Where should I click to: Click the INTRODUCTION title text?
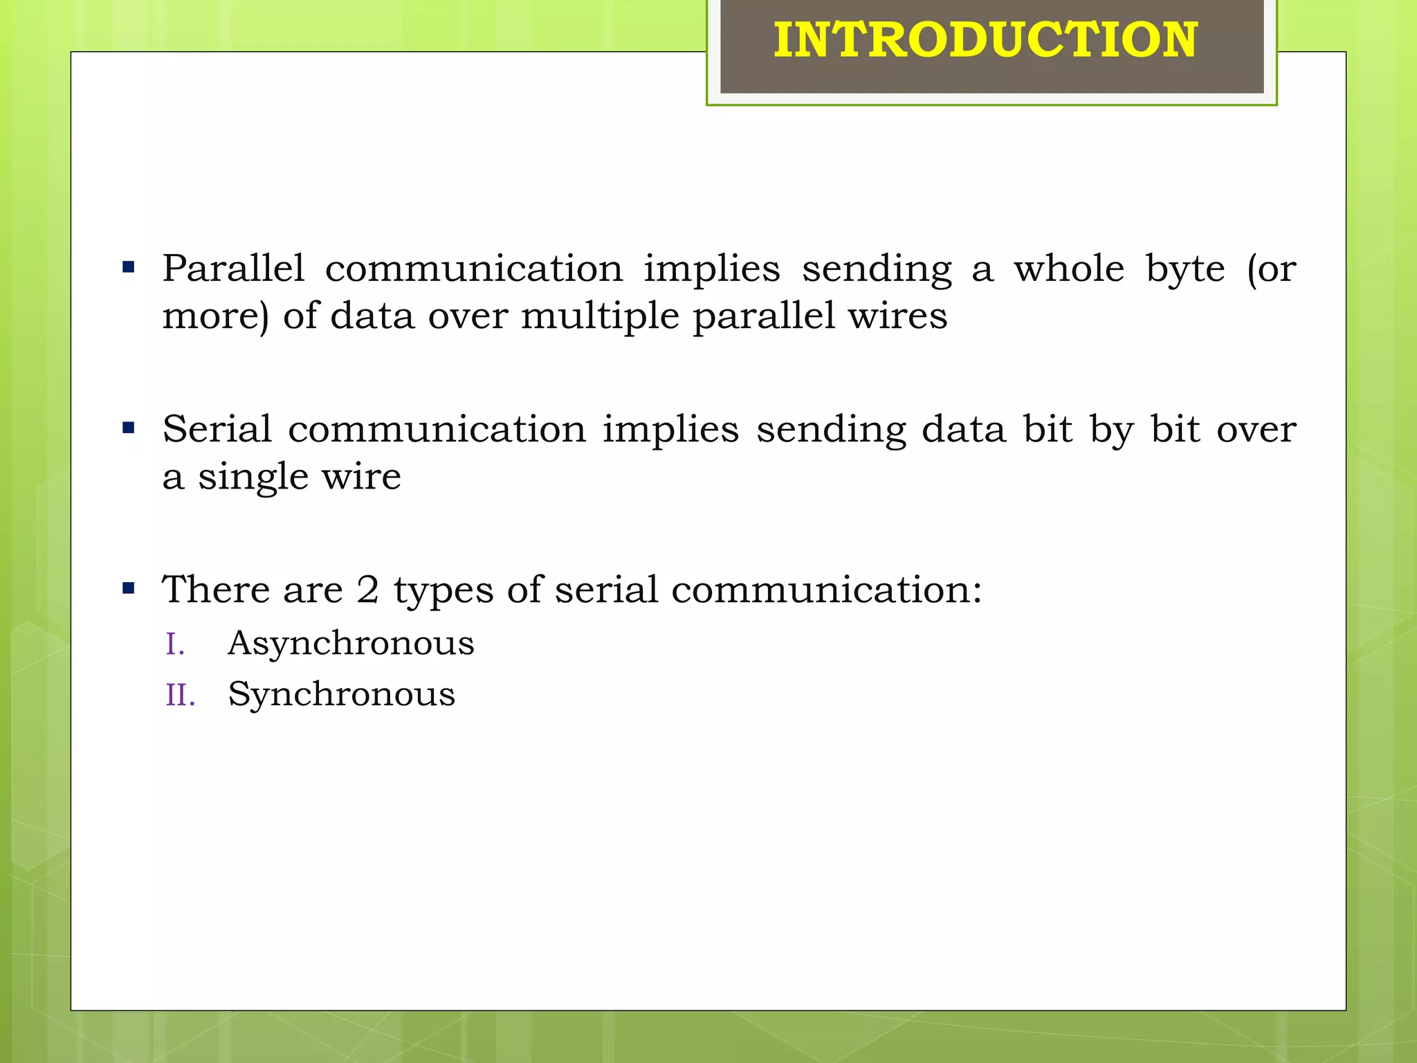click(985, 40)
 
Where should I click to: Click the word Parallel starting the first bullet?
click(233, 269)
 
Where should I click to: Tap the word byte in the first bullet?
click(1185, 269)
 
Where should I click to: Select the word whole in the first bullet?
click(1069, 269)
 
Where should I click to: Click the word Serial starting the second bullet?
click(217, 429)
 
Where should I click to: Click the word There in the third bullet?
click(216, 590)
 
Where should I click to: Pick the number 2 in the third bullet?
click(367, 590)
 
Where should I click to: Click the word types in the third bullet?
click(444, 591)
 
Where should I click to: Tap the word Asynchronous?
click(351, 644)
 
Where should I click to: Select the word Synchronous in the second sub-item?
click(341, 694)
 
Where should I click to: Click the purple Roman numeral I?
click(174, 644)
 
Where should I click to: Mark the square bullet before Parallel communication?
click(128, 267)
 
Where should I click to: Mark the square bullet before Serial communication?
click(128, 428)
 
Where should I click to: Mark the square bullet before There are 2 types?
click(128, 589)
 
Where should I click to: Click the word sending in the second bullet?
click(831, 429)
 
